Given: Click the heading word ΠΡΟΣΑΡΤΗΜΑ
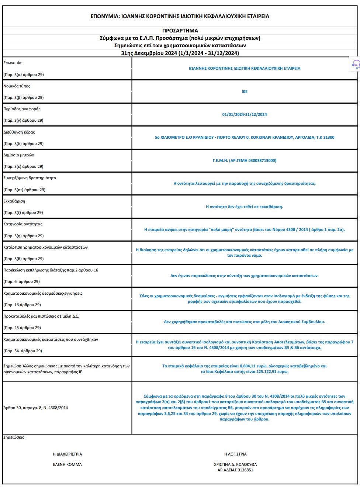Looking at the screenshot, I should (x=180, y=31).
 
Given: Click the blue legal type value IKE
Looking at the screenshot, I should (x=245, y=91).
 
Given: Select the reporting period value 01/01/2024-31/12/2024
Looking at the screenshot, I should (x=245, y=114).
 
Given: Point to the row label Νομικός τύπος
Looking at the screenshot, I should (x=17, y=86).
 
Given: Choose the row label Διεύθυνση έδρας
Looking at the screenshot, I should (x=19, y=132).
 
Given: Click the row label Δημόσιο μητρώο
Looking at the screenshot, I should (x=19, y=155).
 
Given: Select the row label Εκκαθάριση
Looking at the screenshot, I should (x=14, y=201).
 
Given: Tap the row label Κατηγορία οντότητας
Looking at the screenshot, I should (x=23, y=224).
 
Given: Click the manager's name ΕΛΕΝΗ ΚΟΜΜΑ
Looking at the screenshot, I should (x=67, y=464).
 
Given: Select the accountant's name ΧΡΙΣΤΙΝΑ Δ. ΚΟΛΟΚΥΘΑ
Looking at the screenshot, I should (x=235, y=464).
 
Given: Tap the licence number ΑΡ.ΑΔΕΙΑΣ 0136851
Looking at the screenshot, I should (x=235, y=470).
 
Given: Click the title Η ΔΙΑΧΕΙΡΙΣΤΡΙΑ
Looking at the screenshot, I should (x=67, y=454).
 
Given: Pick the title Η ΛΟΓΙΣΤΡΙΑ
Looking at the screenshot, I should (x=235, y=454).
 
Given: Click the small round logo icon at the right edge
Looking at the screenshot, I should (x=356, y=64).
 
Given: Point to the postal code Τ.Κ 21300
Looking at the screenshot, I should (x=325, y=137).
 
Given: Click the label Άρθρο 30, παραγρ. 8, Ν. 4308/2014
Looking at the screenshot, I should (x=35, y=408).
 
